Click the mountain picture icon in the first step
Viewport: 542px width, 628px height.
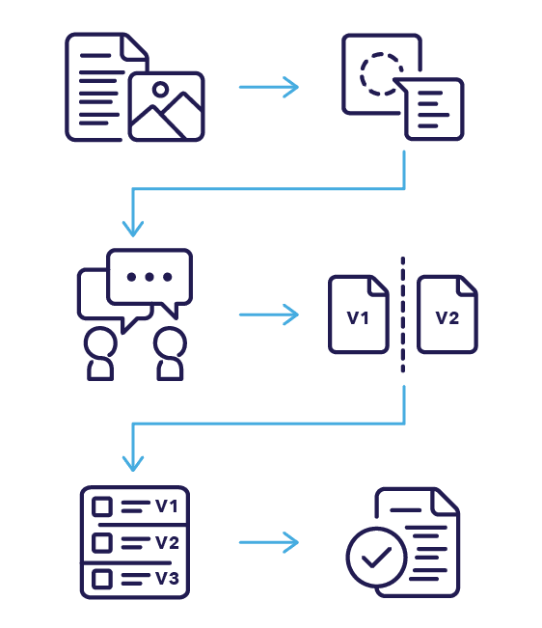[166, 107]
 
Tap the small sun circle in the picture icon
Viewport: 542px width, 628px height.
[161, 91]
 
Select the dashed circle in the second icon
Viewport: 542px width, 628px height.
[381, 71]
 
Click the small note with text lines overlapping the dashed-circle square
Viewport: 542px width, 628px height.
[434, 109]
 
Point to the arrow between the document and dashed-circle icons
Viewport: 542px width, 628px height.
[269, 88]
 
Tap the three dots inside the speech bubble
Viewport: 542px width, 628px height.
[149, 276]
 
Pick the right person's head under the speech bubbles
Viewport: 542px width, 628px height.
[169, 343]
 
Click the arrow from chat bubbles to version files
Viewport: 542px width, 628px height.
[269, 314]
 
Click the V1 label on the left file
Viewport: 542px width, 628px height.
[359, 315]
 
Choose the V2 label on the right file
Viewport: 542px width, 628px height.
[447, 315]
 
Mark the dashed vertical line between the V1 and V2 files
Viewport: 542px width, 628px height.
[403, 314]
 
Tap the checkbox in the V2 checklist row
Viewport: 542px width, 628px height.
[101, 543]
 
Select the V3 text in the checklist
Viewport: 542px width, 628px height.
[167, 579]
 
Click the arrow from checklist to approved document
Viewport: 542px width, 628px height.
[269, 543]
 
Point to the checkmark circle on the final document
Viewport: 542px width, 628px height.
[378, 557]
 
